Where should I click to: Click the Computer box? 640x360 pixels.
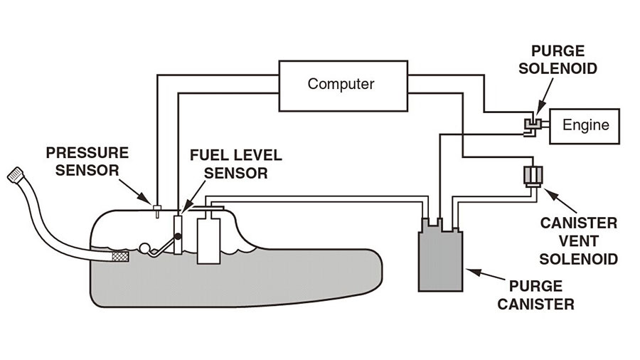click(x=343, y=85)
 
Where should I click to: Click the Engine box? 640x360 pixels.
click(x=585, y=126)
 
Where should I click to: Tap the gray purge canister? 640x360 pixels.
click(x=440, y=257)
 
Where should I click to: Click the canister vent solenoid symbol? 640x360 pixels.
click(x=533, y=176)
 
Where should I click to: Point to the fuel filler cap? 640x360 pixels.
click(x=16, y=175)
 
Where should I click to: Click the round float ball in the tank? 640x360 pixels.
click(x=144, y=248)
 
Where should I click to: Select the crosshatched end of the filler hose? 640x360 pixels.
click(x=120, y=257)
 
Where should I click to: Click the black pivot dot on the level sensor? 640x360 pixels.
click(x=178, y=236)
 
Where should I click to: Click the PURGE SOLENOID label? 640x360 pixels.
click(x=558, y=60)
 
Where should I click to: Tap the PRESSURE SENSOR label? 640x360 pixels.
click(x=87, y=162)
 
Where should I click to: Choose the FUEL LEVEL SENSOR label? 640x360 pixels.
click(x=236, y=164)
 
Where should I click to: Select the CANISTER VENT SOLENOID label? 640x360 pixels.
click(x=578, y=240)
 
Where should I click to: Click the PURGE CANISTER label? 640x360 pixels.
click(x=535, y=295)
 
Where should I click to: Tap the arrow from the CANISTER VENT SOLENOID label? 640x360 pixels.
click(x=560, y=201)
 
